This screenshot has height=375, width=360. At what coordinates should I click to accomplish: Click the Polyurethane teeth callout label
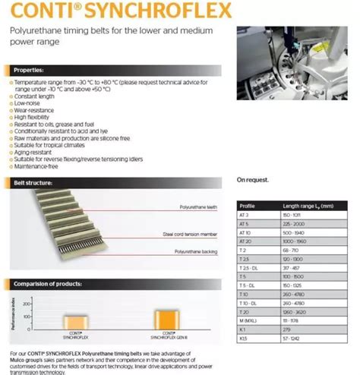tap(199, 206)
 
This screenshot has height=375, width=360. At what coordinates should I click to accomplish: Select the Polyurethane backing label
tap(195, 251)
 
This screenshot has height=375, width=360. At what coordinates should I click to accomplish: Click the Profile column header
tap(248, 206)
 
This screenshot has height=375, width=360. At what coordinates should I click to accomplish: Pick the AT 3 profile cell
tap(245, 216)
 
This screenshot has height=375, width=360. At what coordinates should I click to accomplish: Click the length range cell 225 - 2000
tap(296, 225)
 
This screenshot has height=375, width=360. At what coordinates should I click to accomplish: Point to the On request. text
tap(253, 180)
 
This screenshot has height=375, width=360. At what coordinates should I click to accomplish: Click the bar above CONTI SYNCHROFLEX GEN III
tap(163, 318)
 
